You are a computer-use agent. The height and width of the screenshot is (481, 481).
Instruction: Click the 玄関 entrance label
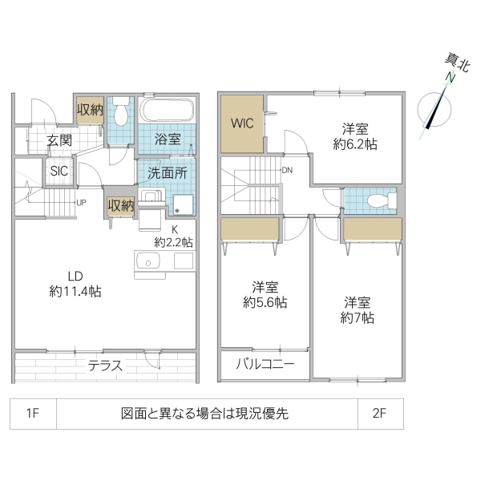(x=59, y=139)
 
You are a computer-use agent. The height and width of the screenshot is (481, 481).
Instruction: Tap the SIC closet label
(x=59, y=170)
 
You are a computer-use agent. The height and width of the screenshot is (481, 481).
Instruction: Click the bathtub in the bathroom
(x=167, y=111)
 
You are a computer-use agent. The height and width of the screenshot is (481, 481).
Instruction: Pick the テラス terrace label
(x=105, y=366)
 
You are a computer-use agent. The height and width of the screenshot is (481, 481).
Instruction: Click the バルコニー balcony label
(x=265, y=364)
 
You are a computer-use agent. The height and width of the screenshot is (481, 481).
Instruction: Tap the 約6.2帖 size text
(x=355, y=144)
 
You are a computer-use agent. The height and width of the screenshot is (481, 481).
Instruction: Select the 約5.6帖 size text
(x=265, y=302)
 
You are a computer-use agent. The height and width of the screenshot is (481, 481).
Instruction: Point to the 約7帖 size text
(x=357, y=317)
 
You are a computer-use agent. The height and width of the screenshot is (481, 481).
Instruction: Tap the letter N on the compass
(x=451, y=78)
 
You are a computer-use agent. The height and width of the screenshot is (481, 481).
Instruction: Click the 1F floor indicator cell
(x=33, y=414)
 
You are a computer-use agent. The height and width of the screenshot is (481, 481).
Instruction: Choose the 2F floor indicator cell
(x=379, y=414)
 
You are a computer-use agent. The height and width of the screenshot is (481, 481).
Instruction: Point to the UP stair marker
(x=81, y=202)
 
